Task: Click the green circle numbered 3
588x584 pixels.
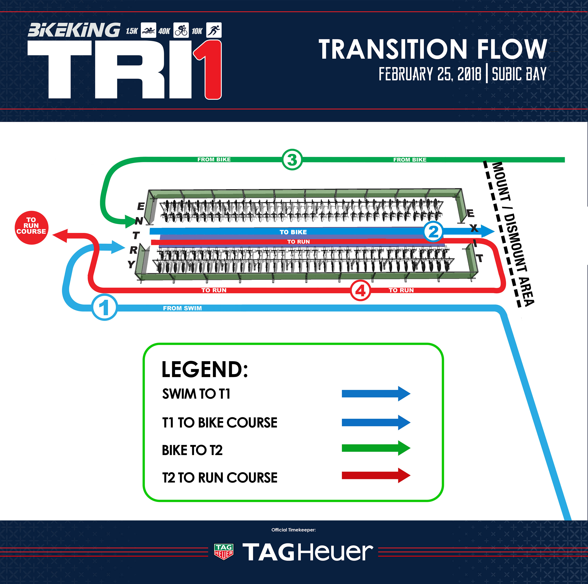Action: click(x=292, y=160)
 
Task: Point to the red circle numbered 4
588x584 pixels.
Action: click(x=360, y=291)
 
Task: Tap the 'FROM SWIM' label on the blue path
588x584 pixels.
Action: click(x=182, y=308)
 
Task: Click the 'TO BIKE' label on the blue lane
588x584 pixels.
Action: click(x=293, y=232)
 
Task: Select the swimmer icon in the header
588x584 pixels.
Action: click(x=149, y=30)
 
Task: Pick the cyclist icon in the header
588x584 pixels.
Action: click(x=181, y=30)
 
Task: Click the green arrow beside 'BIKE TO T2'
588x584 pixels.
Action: click(x=376, y=448)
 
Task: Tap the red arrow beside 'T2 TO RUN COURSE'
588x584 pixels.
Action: click(x=376, y=475)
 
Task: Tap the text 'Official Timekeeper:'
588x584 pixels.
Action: click(x=293, y=530)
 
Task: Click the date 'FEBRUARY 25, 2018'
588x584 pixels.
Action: click(x=430, y=74)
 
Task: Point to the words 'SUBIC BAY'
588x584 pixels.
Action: click(x=519, y=74)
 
